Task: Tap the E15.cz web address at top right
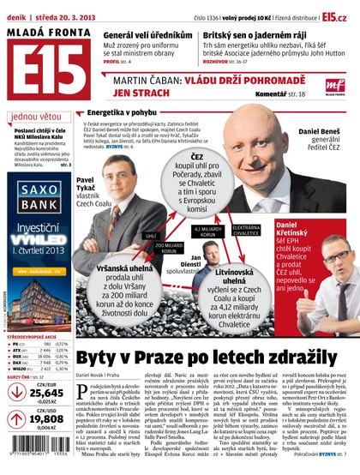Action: [335, 15]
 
